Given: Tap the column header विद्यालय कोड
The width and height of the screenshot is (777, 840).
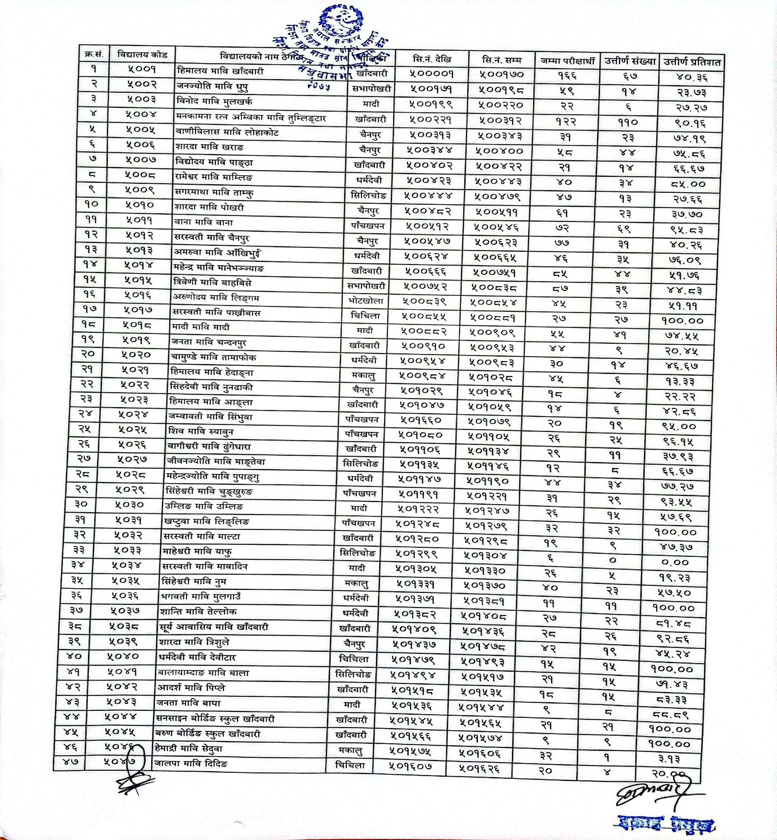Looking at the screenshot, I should [143, 55].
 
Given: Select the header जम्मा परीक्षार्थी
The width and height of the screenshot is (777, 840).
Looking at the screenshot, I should [567, 61].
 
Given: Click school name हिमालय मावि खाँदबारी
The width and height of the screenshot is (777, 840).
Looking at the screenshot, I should [220, 71].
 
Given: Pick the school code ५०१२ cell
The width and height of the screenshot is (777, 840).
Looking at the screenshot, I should [140, 235].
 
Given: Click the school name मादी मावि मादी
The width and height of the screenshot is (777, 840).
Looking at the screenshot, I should [200, 327].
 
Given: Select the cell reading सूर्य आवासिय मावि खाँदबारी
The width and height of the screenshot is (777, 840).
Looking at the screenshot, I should [214, 627].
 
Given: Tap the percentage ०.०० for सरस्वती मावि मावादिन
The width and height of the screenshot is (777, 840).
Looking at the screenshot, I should [675, 562].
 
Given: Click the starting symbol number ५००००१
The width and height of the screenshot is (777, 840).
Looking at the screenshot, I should [432, 74].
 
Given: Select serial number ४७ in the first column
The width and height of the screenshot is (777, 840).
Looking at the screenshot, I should [72, 761].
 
